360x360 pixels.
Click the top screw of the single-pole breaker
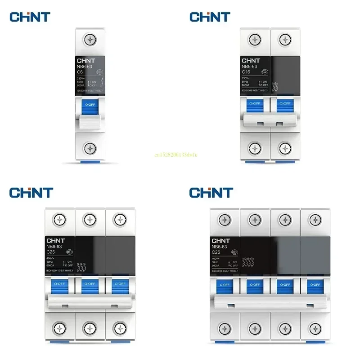(x=91, y=40)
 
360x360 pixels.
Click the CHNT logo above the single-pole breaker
(x=30, y=17)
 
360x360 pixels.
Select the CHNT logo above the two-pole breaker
(x=210, y=17)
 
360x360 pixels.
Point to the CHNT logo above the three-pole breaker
(x=31, y=193)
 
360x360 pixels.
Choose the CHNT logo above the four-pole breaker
(x=211, y=193)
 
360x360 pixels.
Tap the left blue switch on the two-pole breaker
(x=255, y=103)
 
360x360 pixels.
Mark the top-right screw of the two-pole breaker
(x=284, y=40)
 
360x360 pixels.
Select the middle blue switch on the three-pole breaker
(x=90, y=284)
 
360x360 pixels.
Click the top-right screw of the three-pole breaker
(x=119, y=220)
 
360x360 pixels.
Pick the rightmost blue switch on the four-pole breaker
(x=314, y=284)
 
